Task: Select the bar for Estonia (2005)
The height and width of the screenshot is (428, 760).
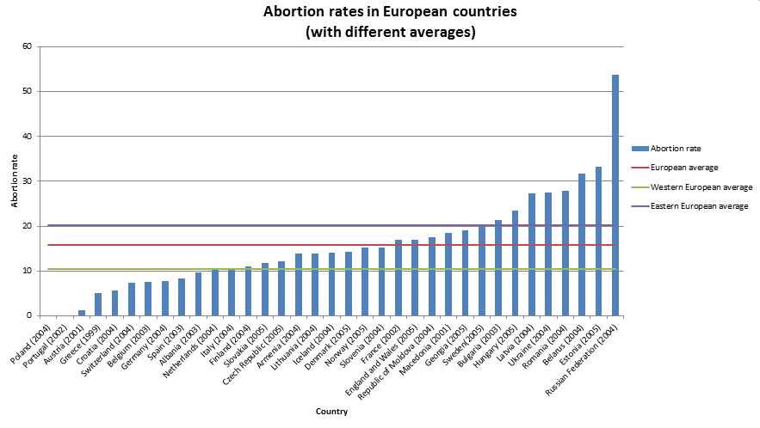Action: [598, 241]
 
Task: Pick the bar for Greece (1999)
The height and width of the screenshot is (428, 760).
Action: [98, 304]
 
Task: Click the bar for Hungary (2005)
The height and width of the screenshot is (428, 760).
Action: [516, 263]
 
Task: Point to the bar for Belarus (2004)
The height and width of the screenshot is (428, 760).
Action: [582, 245]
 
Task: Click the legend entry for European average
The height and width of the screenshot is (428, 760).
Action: [683, 168]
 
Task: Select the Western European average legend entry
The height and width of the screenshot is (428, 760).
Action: [701, 186]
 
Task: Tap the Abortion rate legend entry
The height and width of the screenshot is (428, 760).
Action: [677, 149]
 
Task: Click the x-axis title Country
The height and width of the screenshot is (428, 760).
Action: [331, 412]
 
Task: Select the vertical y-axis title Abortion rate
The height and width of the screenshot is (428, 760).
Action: [14, 181]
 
